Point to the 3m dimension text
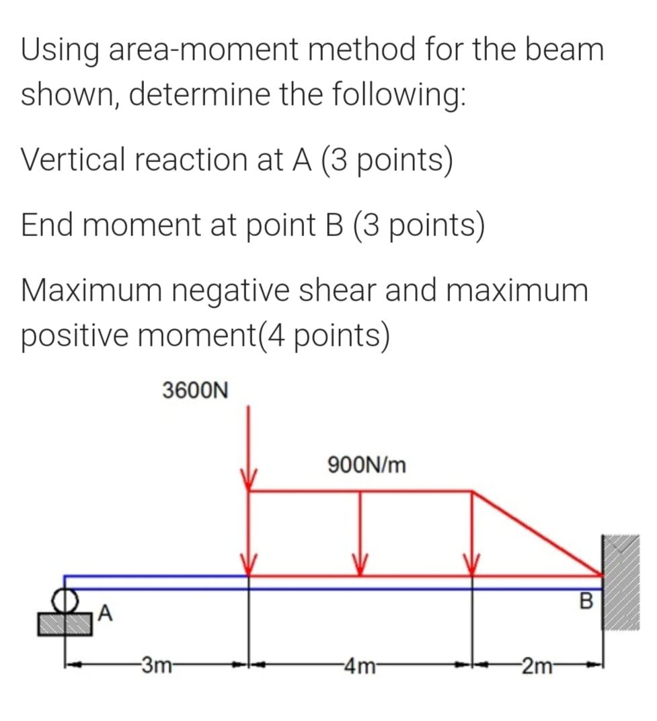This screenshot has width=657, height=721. coord(155,668)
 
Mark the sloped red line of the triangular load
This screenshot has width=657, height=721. coord(538,533)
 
